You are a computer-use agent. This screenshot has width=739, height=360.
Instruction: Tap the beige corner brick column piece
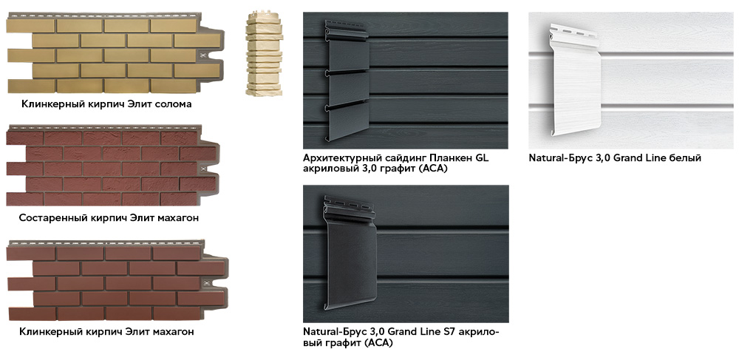(264, 53)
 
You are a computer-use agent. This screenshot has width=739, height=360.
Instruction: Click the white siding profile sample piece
(575, 80)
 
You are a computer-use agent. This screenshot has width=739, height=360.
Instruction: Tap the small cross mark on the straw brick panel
(203, 55)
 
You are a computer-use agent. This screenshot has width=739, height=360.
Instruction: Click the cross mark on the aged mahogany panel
(203, 169)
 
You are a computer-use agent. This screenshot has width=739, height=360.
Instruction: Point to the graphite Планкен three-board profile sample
(347, 80)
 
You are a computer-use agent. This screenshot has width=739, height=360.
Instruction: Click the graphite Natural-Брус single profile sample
(350, 252)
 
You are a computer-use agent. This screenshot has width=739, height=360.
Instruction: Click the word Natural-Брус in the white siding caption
(557, 158)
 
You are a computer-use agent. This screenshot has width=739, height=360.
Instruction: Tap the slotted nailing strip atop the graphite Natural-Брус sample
(349, 206)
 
